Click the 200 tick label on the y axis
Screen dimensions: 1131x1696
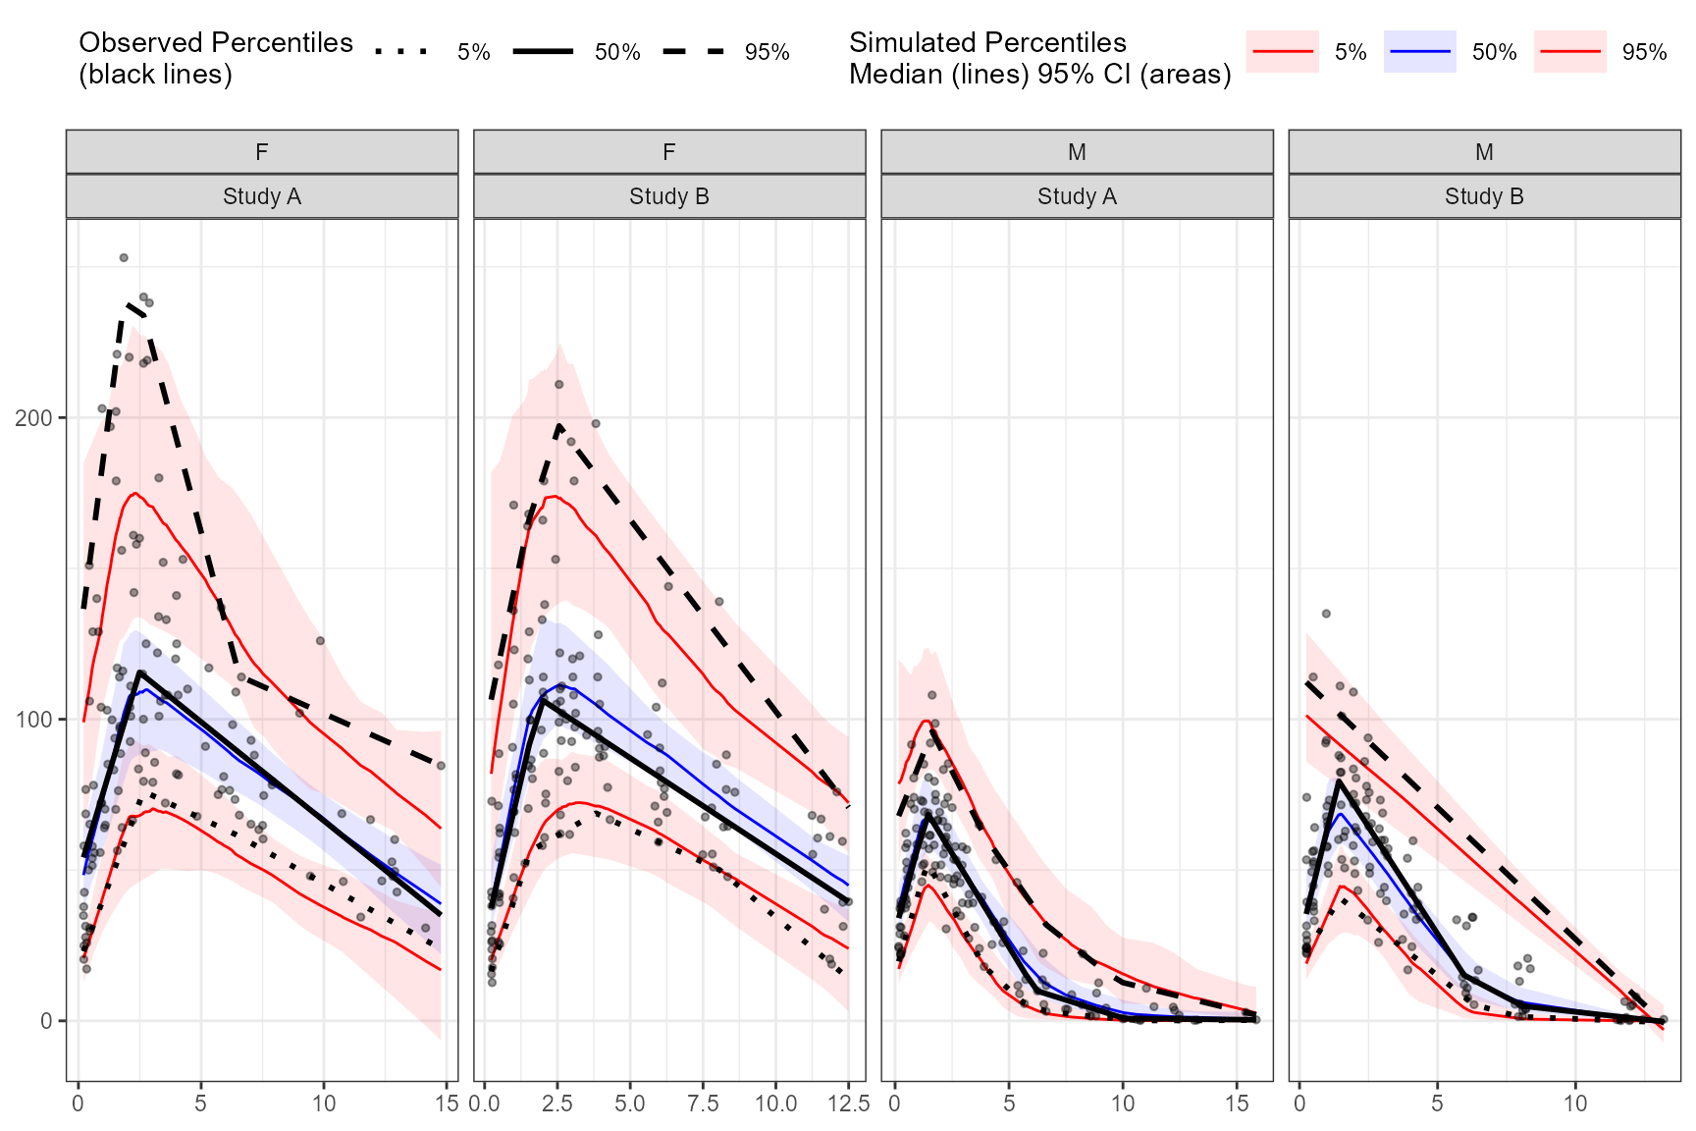click(x=33, y=418)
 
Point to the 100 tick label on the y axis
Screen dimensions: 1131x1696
click(x=33, y=720)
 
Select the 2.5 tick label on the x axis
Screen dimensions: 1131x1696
click(x=556, y=1104)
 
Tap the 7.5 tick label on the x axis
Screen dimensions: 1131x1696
click(x=703, y=1104)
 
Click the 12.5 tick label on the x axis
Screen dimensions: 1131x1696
click(x=848, y=1104)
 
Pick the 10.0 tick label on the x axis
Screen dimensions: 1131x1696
click(x=775, y=1104)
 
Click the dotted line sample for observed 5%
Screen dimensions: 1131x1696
click(x=402, y=51)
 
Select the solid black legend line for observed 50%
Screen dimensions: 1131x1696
click(x=543, y=51)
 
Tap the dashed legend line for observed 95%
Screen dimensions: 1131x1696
click(x=693, y=51)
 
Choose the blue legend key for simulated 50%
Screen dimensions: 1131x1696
click(x=1419, y=51)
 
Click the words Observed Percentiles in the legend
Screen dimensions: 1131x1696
click(x=216, y=42)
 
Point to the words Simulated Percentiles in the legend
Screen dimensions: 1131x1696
click(x=987, y=42)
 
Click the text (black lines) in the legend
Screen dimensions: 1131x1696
click(x=155, y=75)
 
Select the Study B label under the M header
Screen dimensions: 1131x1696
click(x=1484, y=196)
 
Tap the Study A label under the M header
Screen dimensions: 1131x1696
click(x=1077, y=196)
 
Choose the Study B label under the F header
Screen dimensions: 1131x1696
click(x=669, y=196)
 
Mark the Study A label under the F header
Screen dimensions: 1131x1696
click(x=262, y=196)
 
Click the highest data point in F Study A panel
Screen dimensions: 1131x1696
click(x=124, y=258)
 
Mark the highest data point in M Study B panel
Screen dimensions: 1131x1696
click(x=1326, y=614)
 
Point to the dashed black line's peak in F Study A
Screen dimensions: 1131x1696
click(x=129, y=305)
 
